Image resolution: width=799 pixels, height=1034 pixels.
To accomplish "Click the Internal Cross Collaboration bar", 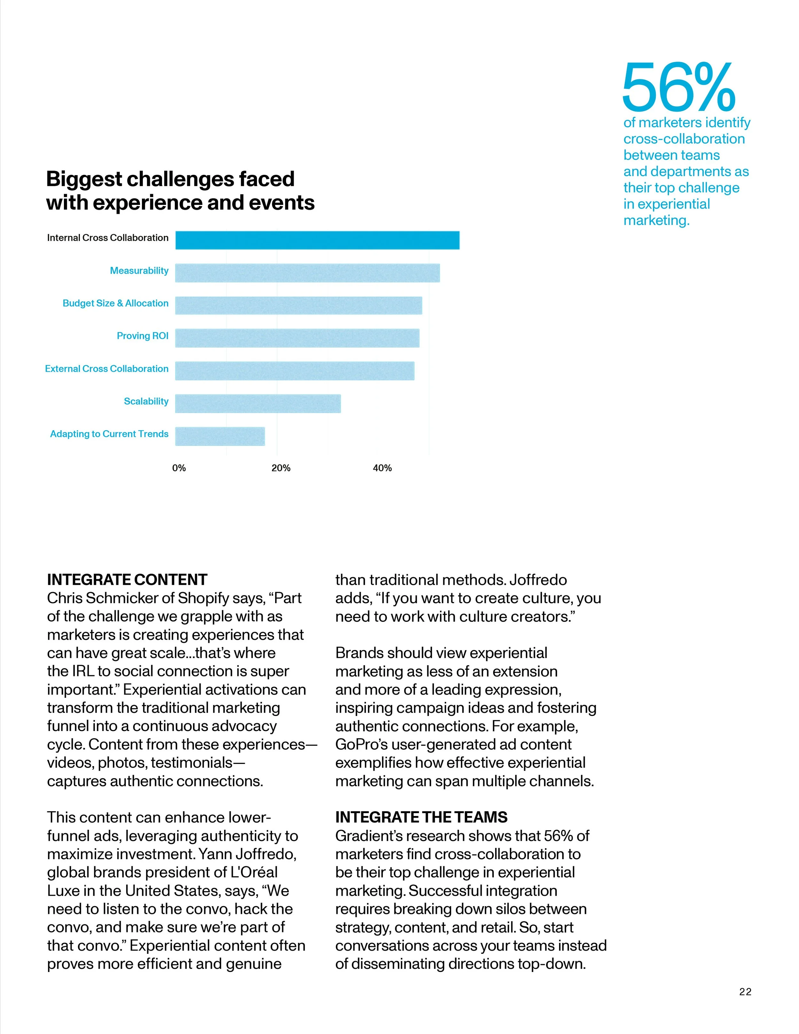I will point(317,240).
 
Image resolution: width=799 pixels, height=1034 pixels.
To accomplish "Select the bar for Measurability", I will point(307,273).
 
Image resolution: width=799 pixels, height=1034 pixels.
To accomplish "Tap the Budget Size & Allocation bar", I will point(298,305).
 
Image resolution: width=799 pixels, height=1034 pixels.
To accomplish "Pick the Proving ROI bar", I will point(297,338).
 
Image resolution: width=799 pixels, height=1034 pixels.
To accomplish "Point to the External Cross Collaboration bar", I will point(294,371).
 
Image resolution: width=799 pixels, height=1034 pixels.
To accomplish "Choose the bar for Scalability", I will point(258,403).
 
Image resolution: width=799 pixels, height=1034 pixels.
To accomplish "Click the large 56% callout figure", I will point(678,88).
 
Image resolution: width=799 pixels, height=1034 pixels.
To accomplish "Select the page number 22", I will point(745,992).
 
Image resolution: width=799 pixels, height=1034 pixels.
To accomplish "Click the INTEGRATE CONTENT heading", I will point(127,580).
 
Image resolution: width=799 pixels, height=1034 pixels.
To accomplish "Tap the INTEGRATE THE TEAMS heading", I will point(421,817).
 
